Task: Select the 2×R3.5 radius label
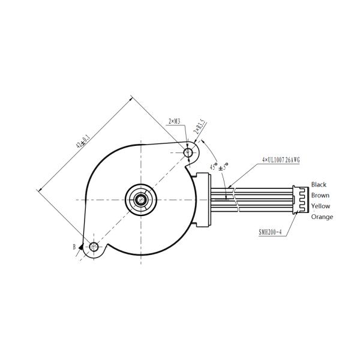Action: point(202,128)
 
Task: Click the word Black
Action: point(319,185)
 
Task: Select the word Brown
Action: point(320,196)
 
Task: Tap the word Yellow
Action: point(320,206)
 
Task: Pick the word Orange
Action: point(322,217)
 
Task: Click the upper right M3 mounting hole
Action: point(189,153)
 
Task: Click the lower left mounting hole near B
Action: point(94,247)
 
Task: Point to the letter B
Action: point(74,247)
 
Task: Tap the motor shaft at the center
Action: point(141,199)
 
